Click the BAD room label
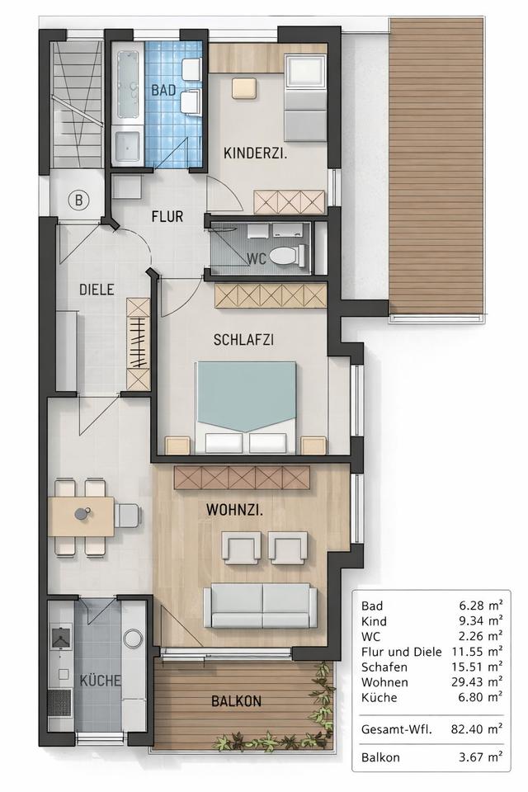163,91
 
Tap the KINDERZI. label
256,153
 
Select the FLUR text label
167,217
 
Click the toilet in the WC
288,256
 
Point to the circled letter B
79,200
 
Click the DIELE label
97,290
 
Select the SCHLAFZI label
243,339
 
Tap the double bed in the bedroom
246,407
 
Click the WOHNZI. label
234,510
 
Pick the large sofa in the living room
257,606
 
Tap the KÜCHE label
101,681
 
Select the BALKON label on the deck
237,701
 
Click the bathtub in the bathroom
128,84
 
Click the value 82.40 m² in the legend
477,728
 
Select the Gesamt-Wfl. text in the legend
397,728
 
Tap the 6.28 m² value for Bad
480,605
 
